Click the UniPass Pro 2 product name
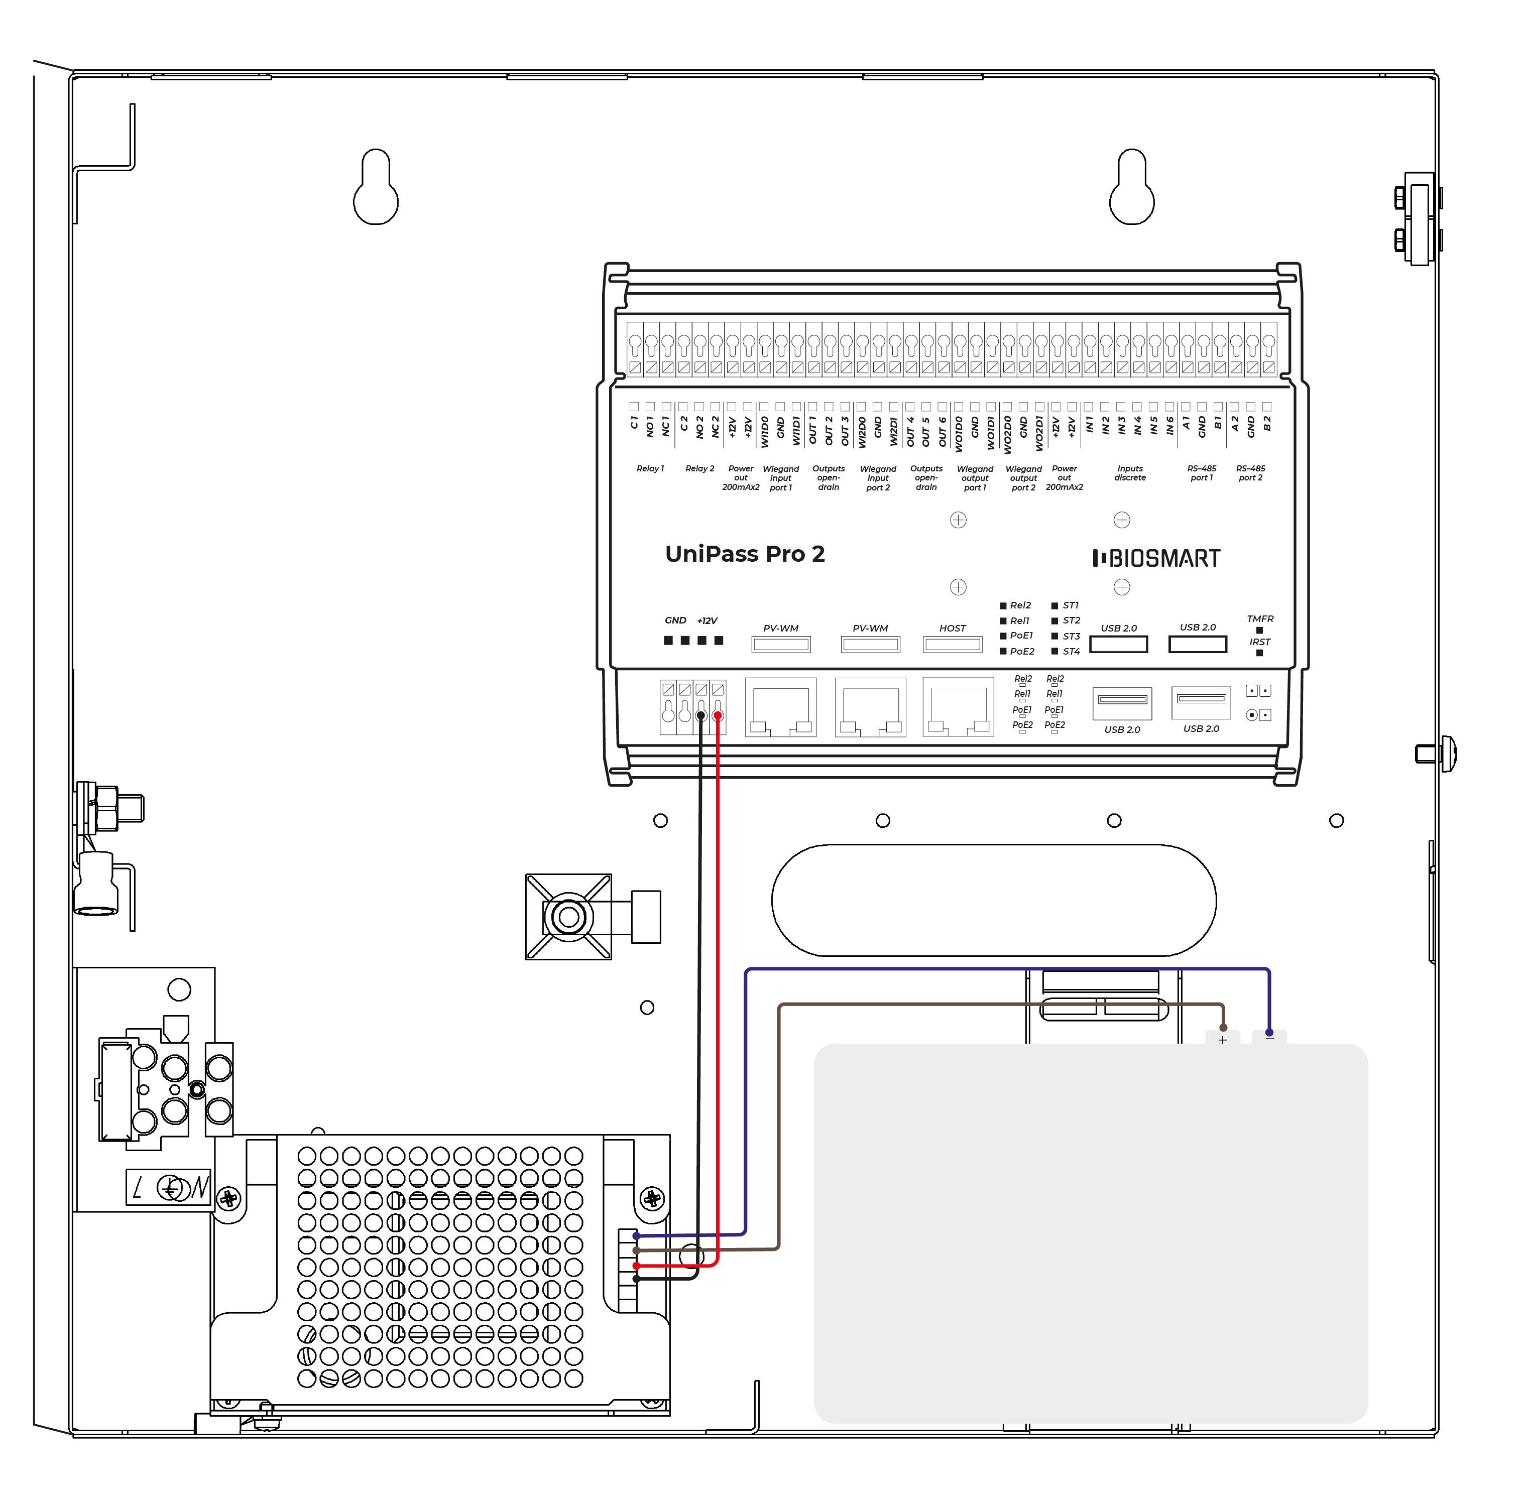pyautogui.click(x=744, y=554)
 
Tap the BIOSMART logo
pyautogui.click(x=1155, y=559)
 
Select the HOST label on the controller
pyautogui.click(x=952, y=628)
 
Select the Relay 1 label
pyautogui.click(x=650, y=469)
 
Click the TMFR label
pyautogui.click(x=1259, y=618)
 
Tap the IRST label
pyautogui.click(x=1259, y=641)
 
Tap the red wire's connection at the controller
pyautogui.click(x=717, y=715)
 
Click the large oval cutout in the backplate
pyautogui.click(x=993, y=900)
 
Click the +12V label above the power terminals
pyautogui.click(x=707, y=621)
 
